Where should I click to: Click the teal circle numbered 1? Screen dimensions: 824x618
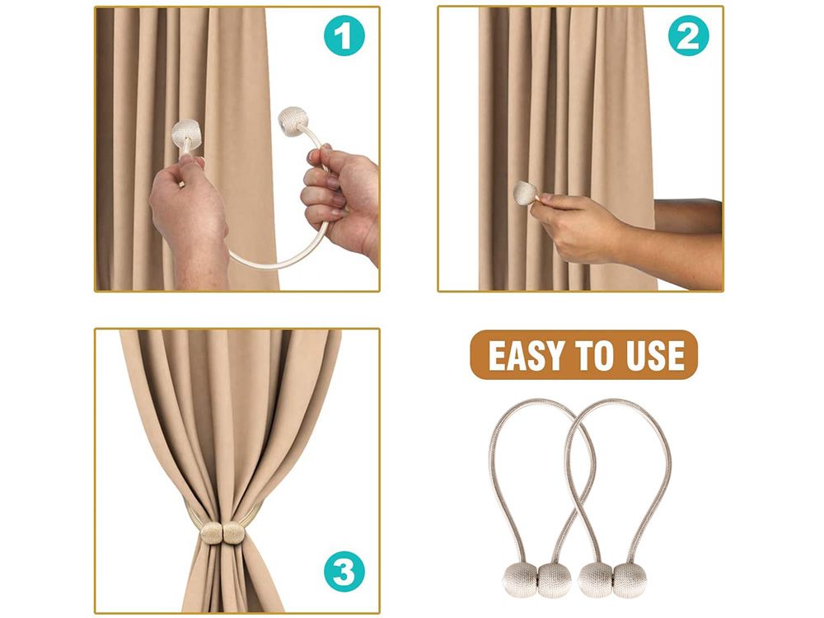[344, 35]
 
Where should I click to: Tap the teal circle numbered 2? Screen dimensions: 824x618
[688, 35]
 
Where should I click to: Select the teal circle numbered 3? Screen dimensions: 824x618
[344, 571]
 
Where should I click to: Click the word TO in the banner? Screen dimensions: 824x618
[595, 356]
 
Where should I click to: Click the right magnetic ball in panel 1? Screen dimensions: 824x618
[293, 121]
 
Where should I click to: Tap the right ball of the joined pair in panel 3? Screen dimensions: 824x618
[234, 533]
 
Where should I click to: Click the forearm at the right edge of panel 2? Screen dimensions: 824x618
[683, 241]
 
